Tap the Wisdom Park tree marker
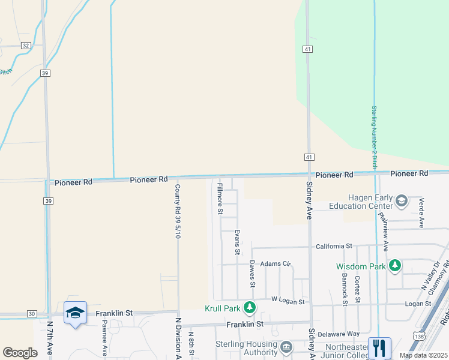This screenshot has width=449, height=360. pos(394,265)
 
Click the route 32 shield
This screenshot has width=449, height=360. pos(25,46)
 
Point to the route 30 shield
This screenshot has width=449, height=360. pos(32,314)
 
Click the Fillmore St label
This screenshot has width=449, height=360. pos(220,199)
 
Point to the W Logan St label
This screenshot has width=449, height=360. pos(288,299)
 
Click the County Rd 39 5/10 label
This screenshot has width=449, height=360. pos(178,211)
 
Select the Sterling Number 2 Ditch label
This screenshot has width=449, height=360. pos(374,136)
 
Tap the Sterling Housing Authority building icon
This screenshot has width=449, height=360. pos(286,347)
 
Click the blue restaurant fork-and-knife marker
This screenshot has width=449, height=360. pos(379,347)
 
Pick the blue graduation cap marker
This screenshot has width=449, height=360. pos(75,313)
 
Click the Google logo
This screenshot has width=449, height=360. pos(20,353)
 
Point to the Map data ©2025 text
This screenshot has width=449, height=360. pos(423,355)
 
